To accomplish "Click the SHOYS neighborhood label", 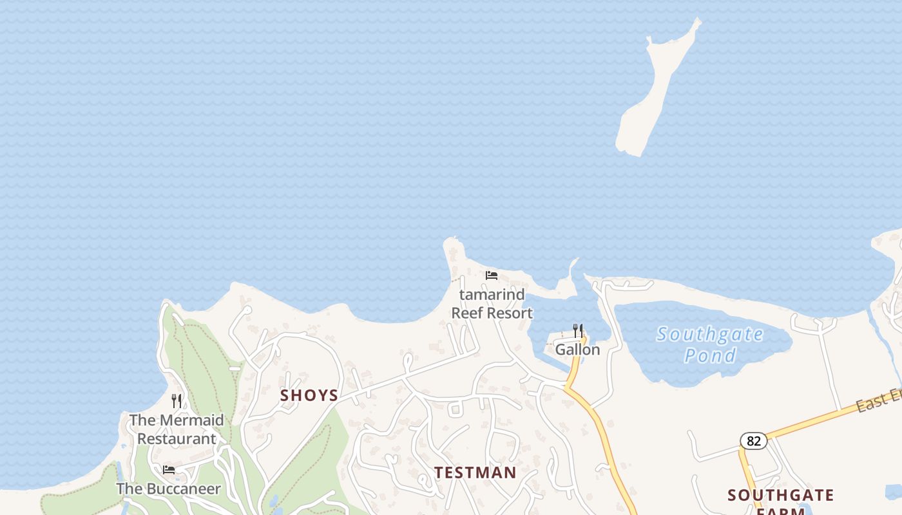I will click(x=309, y=395).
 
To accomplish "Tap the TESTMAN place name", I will click(x=475, y=473).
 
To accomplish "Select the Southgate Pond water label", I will click(x=710, y=344).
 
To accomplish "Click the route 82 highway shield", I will click(x=753, y=441).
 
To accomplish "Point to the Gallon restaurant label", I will click(x=577, y=350).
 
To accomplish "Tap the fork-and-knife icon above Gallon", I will click(x=578, y=331).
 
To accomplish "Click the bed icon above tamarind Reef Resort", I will click(x=492, y=276).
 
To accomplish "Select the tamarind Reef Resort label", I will click(x=492, y=304).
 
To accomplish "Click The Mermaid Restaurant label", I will click(x=177, y=429).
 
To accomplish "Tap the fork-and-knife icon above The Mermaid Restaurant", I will click(x=177, y=401).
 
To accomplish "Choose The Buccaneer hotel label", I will click(x=168, y=489).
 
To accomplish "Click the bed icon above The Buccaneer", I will click(x=169, y=470).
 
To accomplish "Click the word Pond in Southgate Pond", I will click(x=710, y=355).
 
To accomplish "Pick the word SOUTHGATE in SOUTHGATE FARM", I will click(x=781, y=495).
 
